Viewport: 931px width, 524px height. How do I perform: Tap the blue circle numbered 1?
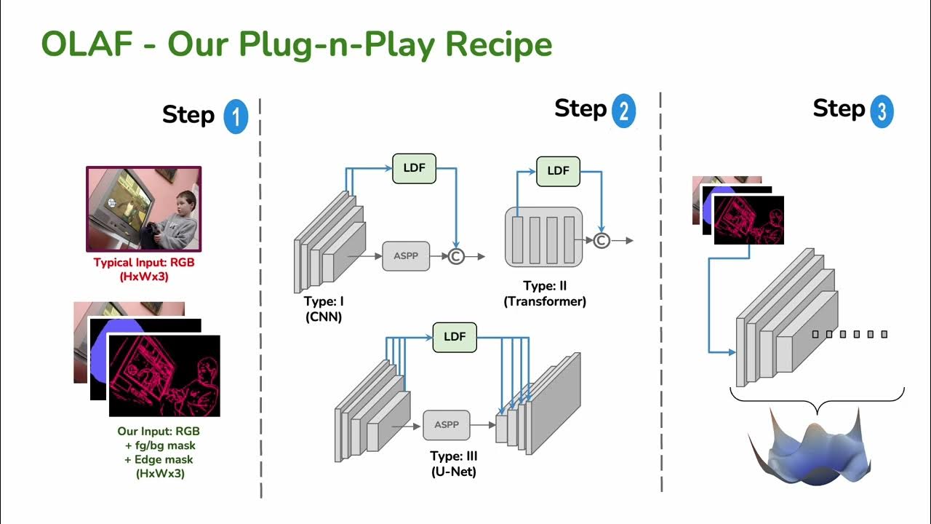coord(236,116)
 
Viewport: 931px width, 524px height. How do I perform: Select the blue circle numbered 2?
coord(623,111)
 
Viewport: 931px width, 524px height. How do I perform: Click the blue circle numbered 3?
coord(881,111)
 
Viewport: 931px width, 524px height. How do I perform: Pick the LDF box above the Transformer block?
coord(558,171)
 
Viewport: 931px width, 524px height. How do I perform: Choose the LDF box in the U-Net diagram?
coord(455,337)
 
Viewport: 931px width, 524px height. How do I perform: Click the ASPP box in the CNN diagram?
coord(406,256)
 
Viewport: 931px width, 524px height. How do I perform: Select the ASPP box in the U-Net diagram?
coord(447,425)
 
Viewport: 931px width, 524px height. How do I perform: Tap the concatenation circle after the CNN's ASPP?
coord(455,256)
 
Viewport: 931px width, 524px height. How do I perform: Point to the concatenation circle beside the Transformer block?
coord(602,240)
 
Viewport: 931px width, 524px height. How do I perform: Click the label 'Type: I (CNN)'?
coord(323,308)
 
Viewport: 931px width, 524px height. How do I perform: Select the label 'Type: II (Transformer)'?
coord(545,294)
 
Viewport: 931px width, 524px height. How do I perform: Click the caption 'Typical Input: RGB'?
coord(144,263)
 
